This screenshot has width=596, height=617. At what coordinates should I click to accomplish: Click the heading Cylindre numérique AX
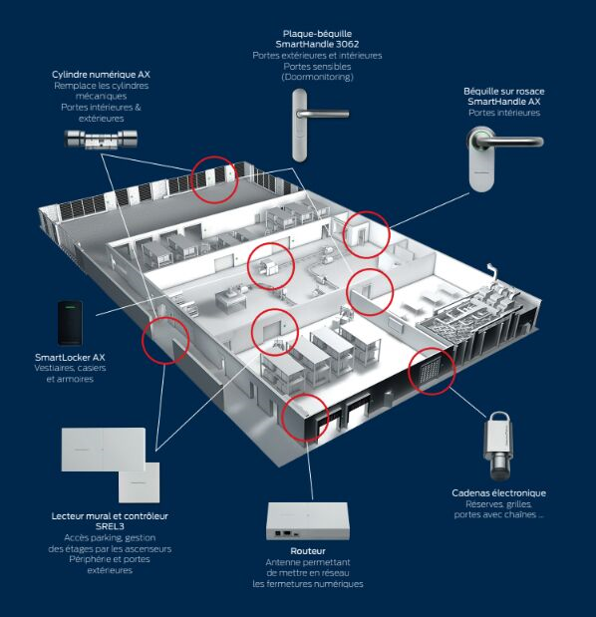pyautogui.click(x=101, y=75)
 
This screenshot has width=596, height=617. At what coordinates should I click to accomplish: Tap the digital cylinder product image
pyautogui.click(x=101, y=140)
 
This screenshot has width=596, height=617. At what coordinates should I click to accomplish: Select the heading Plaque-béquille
pyautogui.click(x=317, y=34)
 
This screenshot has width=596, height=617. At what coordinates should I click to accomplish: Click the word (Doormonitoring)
pyautogui.click(x=317, y=77)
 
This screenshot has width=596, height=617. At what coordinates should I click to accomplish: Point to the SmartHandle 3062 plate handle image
pyautogui.click(x=318, y=126)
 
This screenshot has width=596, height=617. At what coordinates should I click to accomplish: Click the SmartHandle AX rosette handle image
pyautogui.click(x=503, y=158)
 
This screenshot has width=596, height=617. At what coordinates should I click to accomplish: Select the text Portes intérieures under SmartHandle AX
pyautogui.click(x=504, y=113)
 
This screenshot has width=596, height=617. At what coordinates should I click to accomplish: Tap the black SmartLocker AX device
pyautogui.click(x=70, y=323)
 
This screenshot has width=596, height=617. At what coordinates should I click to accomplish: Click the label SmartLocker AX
pyautogui.click(x=70, y=357)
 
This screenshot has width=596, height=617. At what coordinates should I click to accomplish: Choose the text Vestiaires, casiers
pyautogui.click(x=70, y=369)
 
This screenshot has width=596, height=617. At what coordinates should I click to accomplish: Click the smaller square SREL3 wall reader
pyautogui.click(x=139, y=482)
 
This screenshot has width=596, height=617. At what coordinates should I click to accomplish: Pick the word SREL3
pyautogui.click(x=110, y=526)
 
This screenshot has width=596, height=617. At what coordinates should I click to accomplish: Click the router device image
pyautogui.click(x=308, y=521)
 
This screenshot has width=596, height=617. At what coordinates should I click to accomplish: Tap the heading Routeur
pyautogui.click(x=308, y=551)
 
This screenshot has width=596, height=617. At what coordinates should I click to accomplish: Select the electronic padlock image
pyautogui.click(x=498, y=447)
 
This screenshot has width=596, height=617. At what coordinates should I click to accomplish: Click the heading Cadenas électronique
pyautogui.click(x=499, y=493)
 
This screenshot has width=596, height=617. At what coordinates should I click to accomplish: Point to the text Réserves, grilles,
pyautogui.click(x=499, y=504)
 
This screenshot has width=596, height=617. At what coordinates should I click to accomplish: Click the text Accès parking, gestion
pyautogui.click(x=110, y=538)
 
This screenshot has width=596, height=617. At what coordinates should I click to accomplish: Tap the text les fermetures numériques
pyautogui.click(x=308, y=584)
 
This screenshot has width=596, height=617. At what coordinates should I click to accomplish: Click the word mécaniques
pyautogui.click(x=101, y=97)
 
